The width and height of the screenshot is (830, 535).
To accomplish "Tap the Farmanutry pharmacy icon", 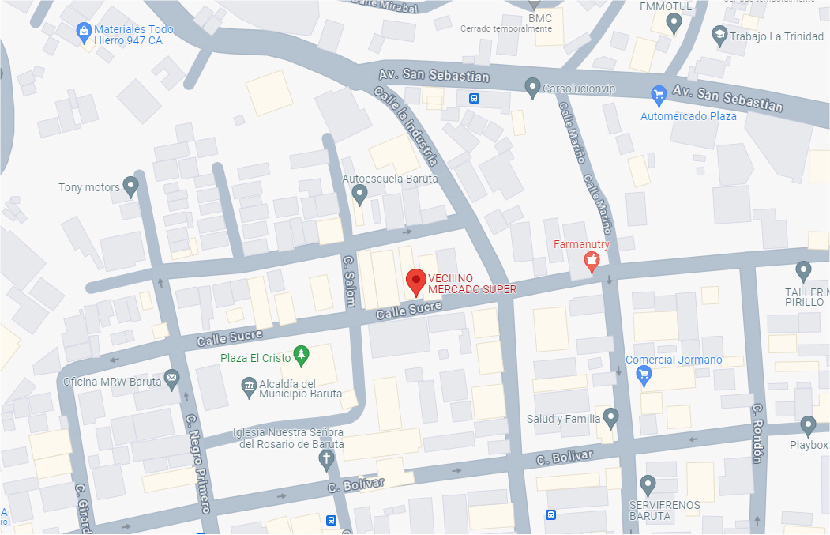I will coord(591,262).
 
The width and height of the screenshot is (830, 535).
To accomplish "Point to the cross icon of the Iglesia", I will coord(327,461).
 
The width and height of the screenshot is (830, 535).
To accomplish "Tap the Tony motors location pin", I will coord(131,186).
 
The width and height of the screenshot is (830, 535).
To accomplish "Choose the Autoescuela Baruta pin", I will coord(359,194).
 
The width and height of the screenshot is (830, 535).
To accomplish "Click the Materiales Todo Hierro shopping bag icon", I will coord(83,32).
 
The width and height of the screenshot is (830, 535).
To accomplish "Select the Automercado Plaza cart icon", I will coord(659,96).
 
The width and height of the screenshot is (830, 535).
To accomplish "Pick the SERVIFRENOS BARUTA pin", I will coord(648,483).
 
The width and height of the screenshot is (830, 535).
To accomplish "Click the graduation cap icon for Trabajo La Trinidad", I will coord(719,35).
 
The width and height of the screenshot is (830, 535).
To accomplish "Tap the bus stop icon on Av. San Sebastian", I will coord(474,99).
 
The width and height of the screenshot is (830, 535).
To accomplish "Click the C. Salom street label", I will coord(349,281).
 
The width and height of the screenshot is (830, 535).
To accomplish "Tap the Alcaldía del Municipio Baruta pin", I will coord(248,386).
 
